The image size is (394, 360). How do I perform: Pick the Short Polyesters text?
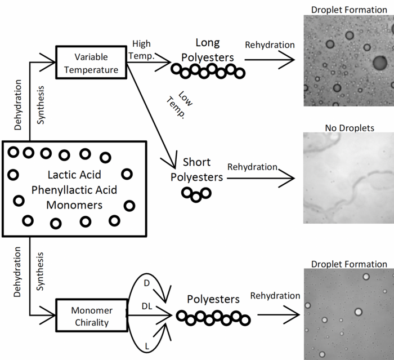click(196, 170)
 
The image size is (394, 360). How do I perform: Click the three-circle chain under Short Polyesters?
click(195, 195)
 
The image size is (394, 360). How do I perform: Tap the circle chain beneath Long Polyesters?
click(208, 71)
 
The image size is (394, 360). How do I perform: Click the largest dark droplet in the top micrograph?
click(380, 62)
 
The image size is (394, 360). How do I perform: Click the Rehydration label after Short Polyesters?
click(252, 167)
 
